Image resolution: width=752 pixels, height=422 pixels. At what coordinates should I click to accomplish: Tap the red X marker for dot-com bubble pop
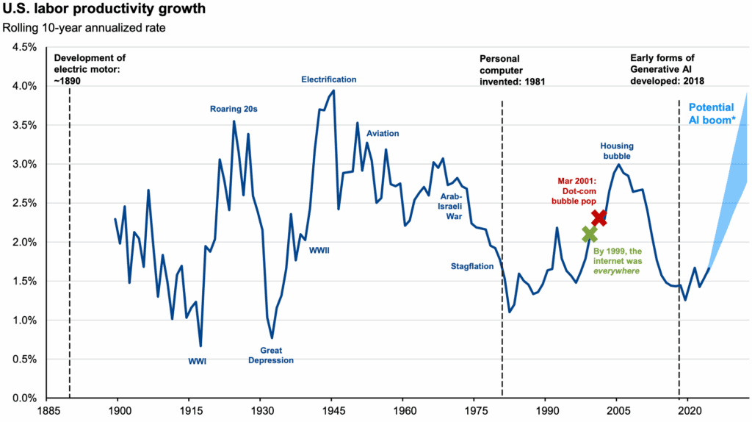[599, 217]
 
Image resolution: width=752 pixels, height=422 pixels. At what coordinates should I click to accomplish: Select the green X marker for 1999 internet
[589, 234]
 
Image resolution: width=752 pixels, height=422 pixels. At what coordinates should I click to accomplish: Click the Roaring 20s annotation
[234, 110]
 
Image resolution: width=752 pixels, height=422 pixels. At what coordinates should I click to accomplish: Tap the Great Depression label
[271, 355]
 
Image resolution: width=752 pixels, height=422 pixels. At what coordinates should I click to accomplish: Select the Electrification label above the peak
[329, 79]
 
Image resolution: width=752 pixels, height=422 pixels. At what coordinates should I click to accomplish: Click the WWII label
[319, 250]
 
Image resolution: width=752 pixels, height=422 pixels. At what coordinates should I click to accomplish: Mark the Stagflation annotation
[471, 267]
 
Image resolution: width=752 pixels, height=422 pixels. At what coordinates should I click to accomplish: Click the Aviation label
[383, 134]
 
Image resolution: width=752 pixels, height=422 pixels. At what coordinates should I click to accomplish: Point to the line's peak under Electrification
[334, 90]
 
